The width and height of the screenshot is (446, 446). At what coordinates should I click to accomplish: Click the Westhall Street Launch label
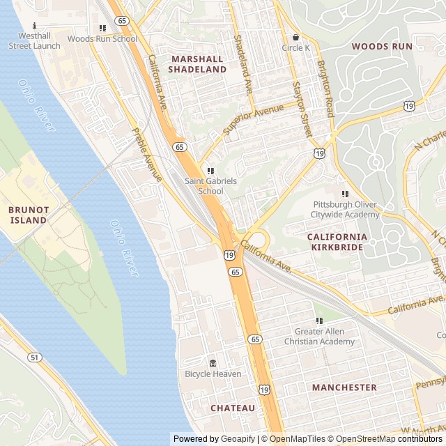click(x=34, y=41)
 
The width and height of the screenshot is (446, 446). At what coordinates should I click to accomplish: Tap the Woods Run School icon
click(x=102, y=29)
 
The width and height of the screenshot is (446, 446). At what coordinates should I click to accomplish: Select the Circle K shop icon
click(x=295, y=37)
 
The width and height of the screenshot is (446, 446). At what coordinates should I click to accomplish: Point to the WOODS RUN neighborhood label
click(x=381, y=47)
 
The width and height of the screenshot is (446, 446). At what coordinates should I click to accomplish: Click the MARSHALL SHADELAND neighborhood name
click(x=198, y=64)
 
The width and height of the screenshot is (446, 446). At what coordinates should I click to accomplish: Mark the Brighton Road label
click(x=325, y=87)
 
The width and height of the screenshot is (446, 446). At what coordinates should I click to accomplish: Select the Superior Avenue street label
click(x=254, y=119)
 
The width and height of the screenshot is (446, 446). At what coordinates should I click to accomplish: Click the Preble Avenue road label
click(x=146, y=155)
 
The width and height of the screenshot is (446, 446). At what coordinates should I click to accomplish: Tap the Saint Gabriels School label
click(x=210, y=185)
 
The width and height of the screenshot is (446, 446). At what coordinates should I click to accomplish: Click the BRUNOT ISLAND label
click(x=29, y=215)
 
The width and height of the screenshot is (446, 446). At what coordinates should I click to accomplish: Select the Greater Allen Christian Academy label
click(x=319, y=337)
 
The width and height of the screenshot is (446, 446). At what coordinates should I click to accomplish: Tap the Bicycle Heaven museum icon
click(x=213, y=363)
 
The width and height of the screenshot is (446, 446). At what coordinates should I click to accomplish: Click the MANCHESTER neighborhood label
click(x=344, y=387)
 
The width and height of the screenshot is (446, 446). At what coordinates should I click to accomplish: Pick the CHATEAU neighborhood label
click(x=233, y=408)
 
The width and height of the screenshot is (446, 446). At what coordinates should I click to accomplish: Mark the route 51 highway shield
click(x=34, y=357)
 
